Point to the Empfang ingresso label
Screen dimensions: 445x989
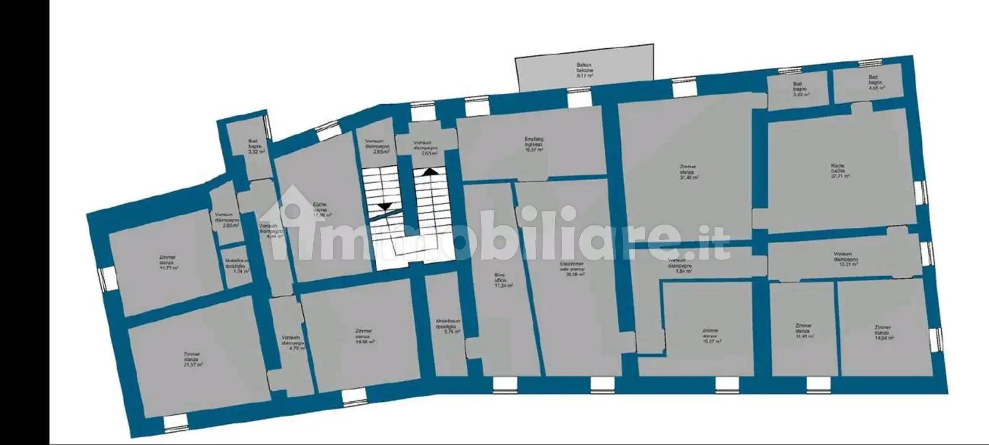[534, 144]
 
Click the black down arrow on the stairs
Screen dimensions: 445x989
[384, 205]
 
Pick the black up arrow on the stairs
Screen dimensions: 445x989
[430, 172]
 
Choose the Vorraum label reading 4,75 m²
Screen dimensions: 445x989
[293, 343]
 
